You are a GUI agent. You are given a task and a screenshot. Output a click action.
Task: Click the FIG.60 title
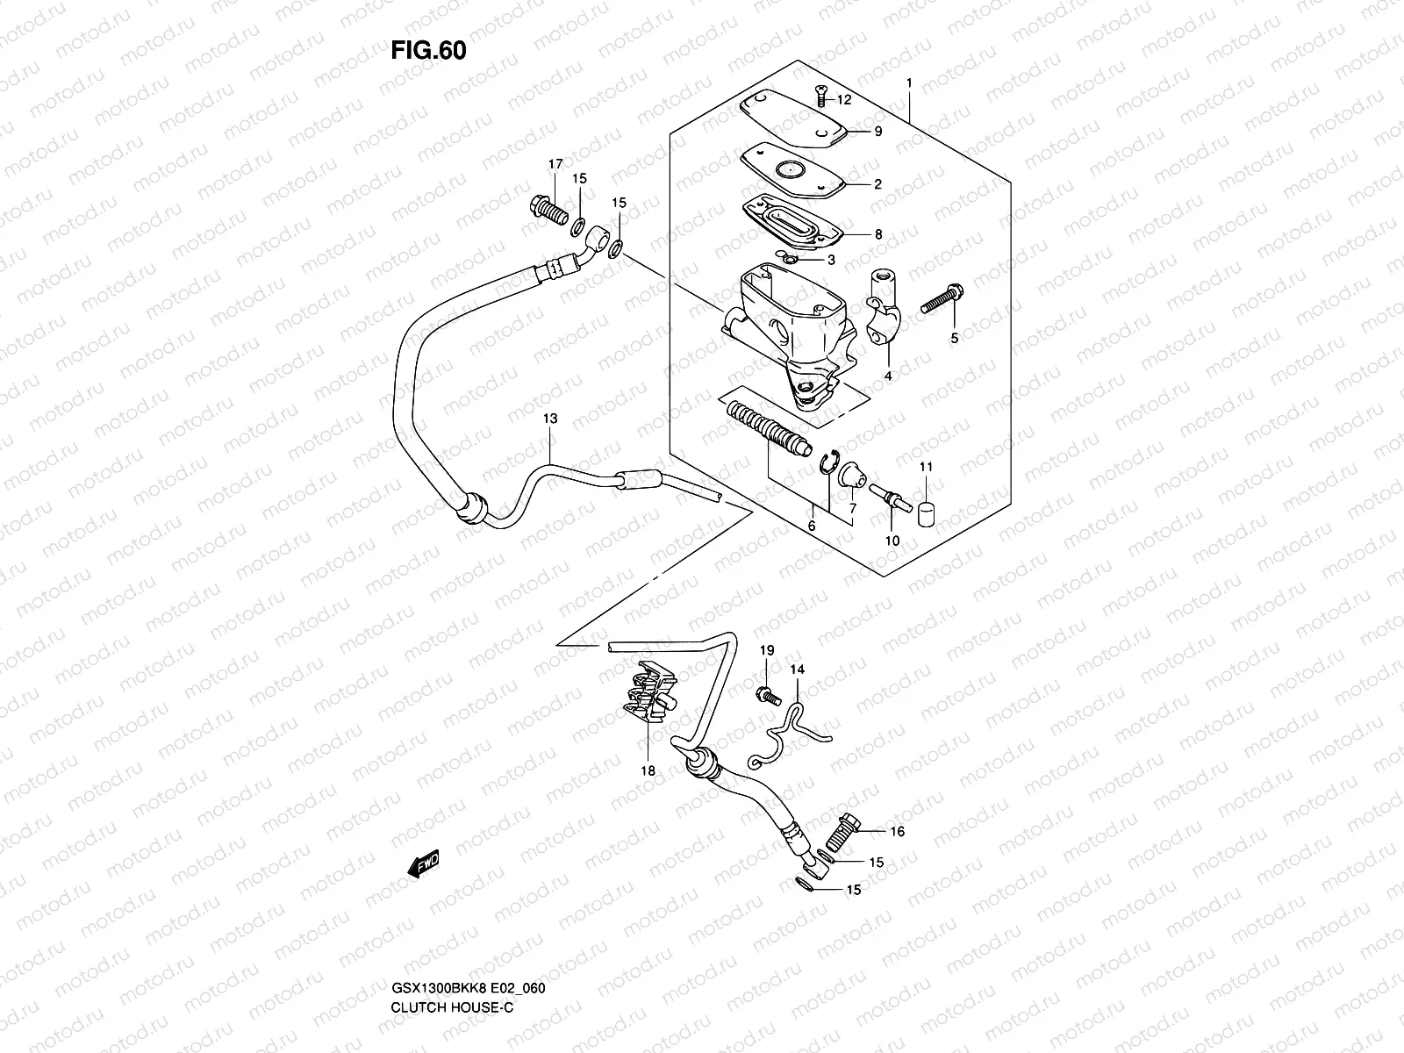pyautogui.click(x=428, y=51)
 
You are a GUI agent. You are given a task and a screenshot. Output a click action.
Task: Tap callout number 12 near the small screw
pyautogui.click(x=843, y=100)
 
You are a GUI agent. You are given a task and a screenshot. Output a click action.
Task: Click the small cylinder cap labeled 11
pyautogui.click(x=926, y=512)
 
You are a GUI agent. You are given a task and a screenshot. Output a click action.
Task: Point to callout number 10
pyautogui.click(x=892, y=541)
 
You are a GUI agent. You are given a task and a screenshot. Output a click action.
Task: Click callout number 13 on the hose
pyautogui.click(x=549, y=419)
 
